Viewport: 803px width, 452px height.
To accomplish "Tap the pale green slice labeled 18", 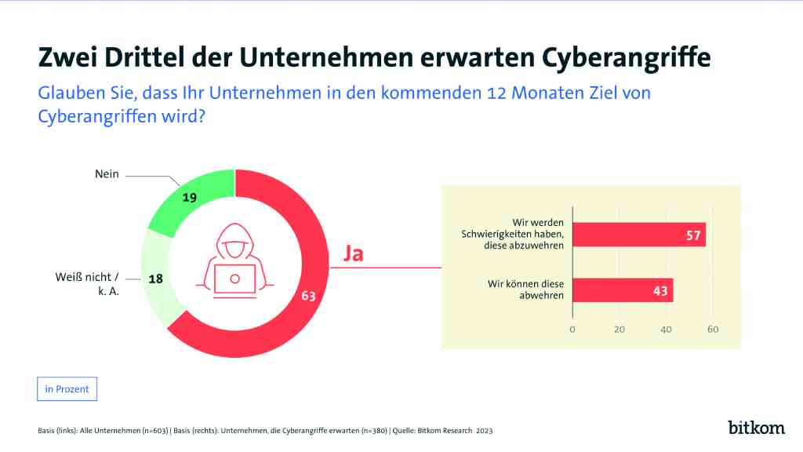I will (155, 279).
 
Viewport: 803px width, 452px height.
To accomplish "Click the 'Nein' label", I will (107, 174).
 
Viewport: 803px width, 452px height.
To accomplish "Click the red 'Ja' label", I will (354, 254).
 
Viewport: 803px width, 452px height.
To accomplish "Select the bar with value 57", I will (639, 235).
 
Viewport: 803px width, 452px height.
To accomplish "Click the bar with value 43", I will (623, 290).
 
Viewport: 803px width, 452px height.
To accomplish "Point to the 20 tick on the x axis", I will (620, 330).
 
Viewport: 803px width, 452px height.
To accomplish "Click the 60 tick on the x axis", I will (713, 330).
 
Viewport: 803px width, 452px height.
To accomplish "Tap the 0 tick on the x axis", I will (572, 330).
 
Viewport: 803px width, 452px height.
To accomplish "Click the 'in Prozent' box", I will (67, 389).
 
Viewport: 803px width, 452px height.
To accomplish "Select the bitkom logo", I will (756, 428).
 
